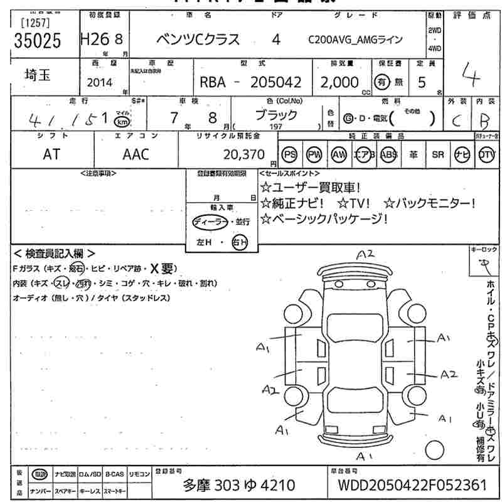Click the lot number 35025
(x=38, y=40)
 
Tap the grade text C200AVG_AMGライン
(x=355, y=40)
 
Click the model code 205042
(x=277, y=82)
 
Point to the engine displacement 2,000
(x=339, y=82)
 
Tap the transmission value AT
(x=51, y=154)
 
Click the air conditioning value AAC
(x=136, y=154)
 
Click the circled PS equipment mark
(x=289, y=154)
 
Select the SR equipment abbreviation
(x=437, y=154)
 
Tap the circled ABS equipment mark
(x=389, y=154)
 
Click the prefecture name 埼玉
(x=38, y=76)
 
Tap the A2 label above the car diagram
(x=365, y=255)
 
